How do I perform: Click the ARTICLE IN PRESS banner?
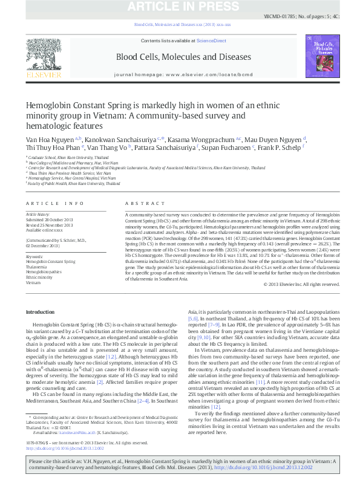pyautogui.click(x=180, y=7)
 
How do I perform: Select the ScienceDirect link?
pyautogui.click(x=212, y=41)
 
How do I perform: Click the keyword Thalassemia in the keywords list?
pyautogui.click(x=36, y=266)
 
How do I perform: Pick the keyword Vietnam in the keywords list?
pyautogui.click(x=33, y=282)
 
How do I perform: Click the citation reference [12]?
pyautogui.click(x=215, y=407)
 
